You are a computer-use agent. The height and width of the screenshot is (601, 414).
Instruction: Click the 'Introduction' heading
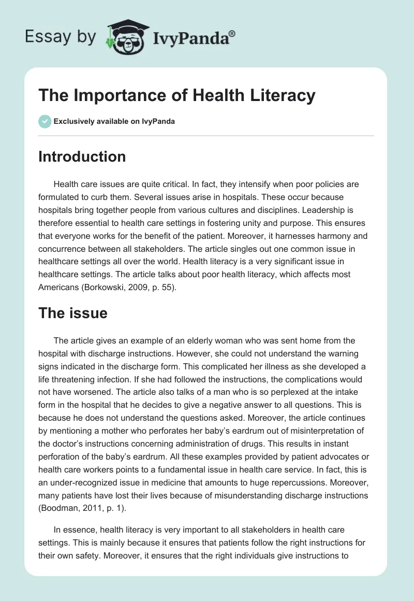(x=82, y=156)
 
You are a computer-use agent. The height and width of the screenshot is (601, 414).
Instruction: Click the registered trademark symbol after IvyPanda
(x=232, y=33)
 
